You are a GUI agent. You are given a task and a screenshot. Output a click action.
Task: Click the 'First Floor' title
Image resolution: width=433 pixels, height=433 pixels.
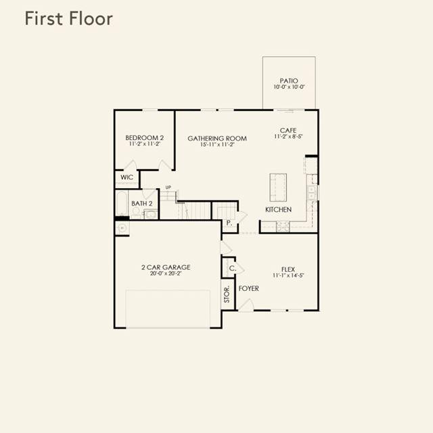click(x=69, y=18)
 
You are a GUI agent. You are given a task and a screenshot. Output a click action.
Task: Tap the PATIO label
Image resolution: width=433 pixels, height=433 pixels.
click(x=289, y=81)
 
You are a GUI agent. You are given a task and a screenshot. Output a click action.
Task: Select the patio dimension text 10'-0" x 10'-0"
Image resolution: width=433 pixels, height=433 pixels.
click(x=289, y=87)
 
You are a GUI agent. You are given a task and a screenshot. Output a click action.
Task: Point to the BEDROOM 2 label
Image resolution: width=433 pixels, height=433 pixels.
click(x=144, y=137)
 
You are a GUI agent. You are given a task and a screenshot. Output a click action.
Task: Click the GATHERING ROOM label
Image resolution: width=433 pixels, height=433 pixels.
click(x=217, y=138)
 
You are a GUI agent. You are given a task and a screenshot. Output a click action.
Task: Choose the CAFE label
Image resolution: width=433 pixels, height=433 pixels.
click(x=288, y=130)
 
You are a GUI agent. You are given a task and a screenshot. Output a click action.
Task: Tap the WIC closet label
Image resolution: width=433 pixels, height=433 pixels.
click(x=127, y=177)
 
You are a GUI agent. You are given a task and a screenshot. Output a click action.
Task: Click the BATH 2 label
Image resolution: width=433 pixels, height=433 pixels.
click(x=141, y=204)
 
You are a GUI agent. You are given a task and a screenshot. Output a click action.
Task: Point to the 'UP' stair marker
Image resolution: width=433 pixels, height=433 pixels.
click(x=168, y=187)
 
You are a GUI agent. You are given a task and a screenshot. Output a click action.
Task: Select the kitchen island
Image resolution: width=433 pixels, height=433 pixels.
click(x=278, y=187)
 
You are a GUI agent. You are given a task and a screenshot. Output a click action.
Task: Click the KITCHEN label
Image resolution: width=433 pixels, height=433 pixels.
click(x=278, y=210)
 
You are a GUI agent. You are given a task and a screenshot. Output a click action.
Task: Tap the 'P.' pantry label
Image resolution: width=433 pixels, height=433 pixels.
click(x=229, y=223)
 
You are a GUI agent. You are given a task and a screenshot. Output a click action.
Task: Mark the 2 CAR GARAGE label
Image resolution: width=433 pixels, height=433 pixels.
click(x=166, y=267)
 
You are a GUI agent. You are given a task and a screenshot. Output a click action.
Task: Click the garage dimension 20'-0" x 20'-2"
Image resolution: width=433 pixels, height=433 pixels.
click(x=166, y=273)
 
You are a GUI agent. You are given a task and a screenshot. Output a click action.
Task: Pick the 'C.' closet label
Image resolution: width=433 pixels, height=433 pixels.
click(x=233, y=268)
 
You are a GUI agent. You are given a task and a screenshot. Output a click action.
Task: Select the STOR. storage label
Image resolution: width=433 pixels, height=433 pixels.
click(x=227, y=294)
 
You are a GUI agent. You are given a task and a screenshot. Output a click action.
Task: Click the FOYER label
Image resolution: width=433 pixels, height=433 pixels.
click(x=249, y=288)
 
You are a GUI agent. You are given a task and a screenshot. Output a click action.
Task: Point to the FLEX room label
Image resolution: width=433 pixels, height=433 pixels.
click(x=288, y=269)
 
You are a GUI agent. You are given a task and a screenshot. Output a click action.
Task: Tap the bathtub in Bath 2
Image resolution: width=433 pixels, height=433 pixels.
click(x=122, y=203)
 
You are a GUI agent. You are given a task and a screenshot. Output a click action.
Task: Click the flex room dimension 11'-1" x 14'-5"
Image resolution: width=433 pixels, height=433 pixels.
click(x=288, y=275)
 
